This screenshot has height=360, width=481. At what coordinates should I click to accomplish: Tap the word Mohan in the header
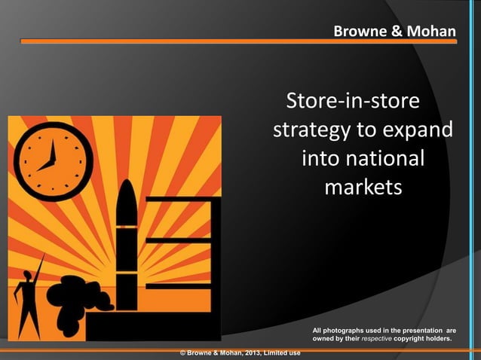coord(432,32)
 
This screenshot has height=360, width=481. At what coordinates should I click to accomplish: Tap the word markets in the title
coord(363,188)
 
